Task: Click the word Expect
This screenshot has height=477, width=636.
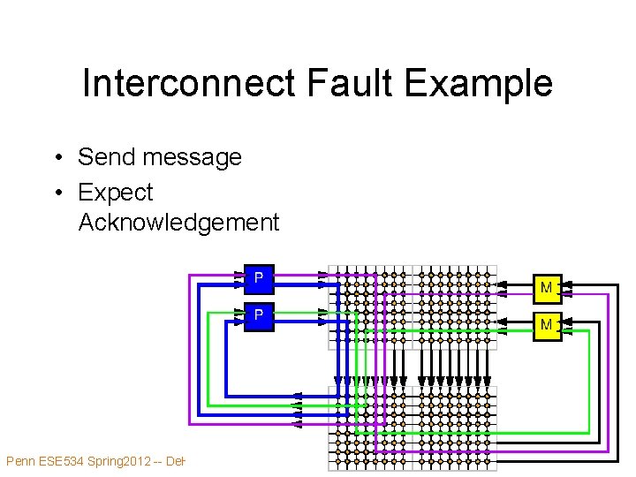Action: pos(116,192)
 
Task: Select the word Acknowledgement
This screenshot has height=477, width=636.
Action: pos(178,222)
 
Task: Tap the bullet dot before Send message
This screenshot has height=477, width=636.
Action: pos(56,158)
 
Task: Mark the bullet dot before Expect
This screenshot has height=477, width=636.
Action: pos(56,193)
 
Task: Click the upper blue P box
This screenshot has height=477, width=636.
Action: pos(258,278)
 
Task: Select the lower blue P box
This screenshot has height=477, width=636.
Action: pos(258,315)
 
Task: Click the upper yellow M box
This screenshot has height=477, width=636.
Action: pos(546,288)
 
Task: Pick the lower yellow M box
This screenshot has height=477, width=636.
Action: pos(546,325)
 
